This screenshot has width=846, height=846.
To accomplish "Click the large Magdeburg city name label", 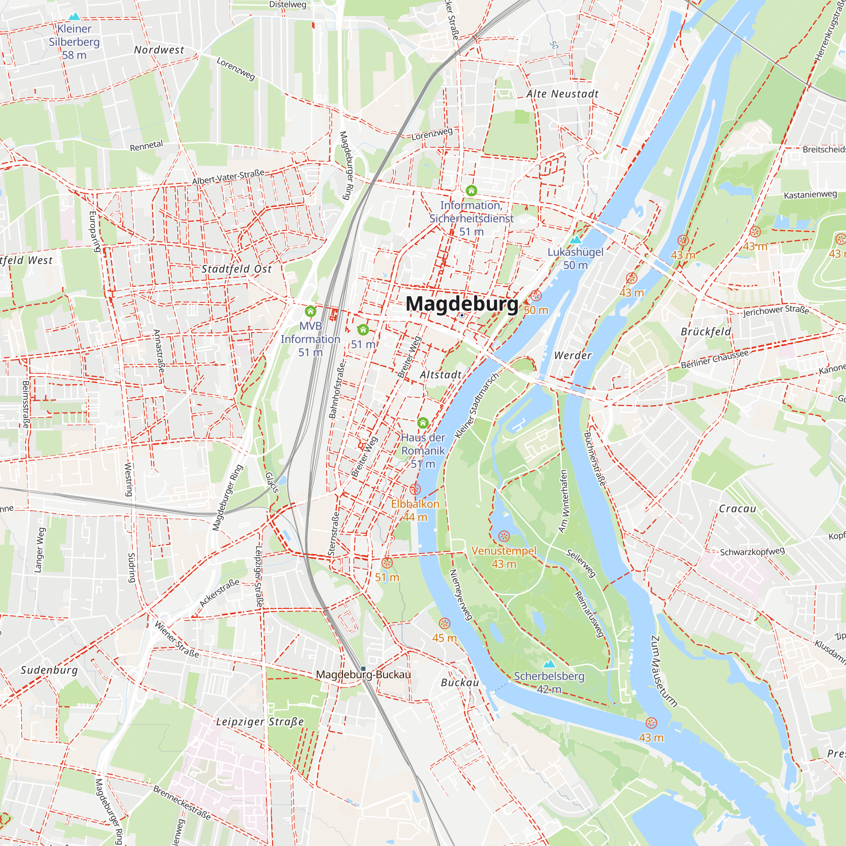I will pyautogui.click(x=462, y=304).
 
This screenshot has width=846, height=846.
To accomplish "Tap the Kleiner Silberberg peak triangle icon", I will pyautogui.click(x=74, y=16).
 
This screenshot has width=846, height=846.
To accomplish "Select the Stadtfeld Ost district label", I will pyautogui.click(x=236, y=269).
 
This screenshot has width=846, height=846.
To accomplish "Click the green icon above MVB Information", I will pyautogui.click(x=310, y=311).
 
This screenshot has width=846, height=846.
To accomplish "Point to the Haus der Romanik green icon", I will pyautogui.click(x=423, y=423).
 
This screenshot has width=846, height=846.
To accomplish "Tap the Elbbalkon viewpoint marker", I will pyautogui.click(x=415, y=489).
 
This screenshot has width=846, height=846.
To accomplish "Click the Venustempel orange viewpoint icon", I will pyautogui.click(x=504, y=536).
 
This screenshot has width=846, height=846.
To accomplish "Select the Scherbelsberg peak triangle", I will pyautogui.click(x=549, y=664).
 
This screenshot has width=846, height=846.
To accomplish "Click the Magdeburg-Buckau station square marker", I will pyautogui.click(x=363, y=669).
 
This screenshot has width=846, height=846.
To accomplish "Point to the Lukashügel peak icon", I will pyautogui.click(x=575, y=239).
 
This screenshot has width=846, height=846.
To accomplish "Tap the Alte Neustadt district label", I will pyautogui.click(x=562, y=94).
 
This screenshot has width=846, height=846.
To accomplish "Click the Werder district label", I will pyautogui.click(x=573, y=356).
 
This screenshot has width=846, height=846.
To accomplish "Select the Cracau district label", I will pyautogui.click(x=737, y=509).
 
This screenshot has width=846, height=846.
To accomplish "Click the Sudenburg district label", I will pyautogui.click(x=49, y=670).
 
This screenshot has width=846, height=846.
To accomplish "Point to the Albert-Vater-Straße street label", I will pyautogui.click(x=228, y=177).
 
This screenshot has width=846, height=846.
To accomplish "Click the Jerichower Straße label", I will pyautogui.click(x=776, y=310).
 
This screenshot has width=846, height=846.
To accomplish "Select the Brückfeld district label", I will pyautogui.click(x=706, y=332).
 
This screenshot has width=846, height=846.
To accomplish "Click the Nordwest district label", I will pyautogui.click(x=159, y=50).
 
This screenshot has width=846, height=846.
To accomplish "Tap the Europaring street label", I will pyautogui.click(x=94, y=232).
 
